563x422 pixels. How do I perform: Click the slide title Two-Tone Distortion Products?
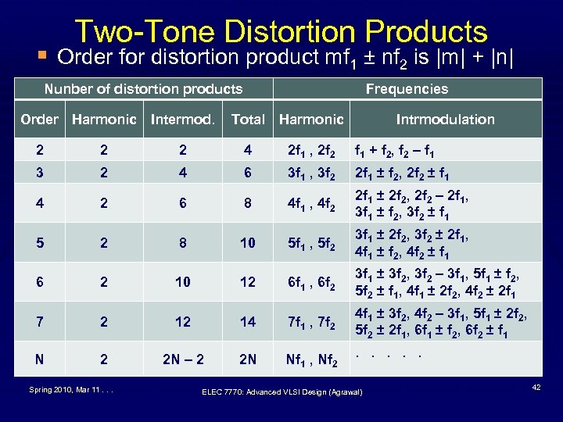click(281, 31)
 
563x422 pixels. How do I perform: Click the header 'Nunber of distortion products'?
click(143, 89)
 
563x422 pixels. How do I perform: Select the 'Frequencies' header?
click(407, 89)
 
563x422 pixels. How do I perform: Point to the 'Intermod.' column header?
click(181, 120)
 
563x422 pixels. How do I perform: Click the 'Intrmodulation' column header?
click(445, 120)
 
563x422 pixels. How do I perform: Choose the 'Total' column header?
click(248, 120)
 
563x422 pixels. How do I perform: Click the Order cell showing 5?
click(39, 242)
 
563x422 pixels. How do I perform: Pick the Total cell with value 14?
click(248, 322)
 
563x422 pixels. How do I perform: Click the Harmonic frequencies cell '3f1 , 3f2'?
click(311, 173)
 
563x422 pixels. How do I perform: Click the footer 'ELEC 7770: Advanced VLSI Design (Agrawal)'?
click(282, 392)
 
